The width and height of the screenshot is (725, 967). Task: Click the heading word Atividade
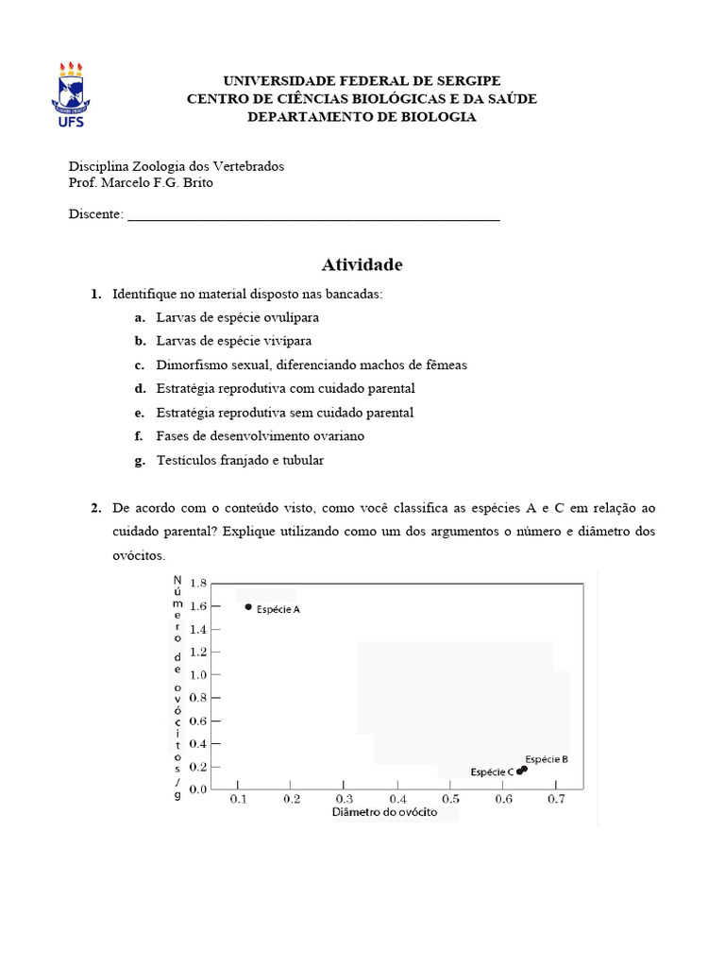[362, 264]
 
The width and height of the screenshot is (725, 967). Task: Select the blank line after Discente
[313, 214]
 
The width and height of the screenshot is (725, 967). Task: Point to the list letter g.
[138, 460]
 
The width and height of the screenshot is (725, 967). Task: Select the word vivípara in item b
[280, 341]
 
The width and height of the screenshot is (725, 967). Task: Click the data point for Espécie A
[248, 607]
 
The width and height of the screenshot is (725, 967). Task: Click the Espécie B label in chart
[547, 758]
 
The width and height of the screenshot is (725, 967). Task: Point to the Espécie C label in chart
[492, 772]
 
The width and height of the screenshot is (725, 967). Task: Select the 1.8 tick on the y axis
[197, 583]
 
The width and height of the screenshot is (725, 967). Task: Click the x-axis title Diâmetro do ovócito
[384, 813]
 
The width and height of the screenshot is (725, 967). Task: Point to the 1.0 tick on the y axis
[197, 674]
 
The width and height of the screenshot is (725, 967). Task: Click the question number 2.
[95, 508]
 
